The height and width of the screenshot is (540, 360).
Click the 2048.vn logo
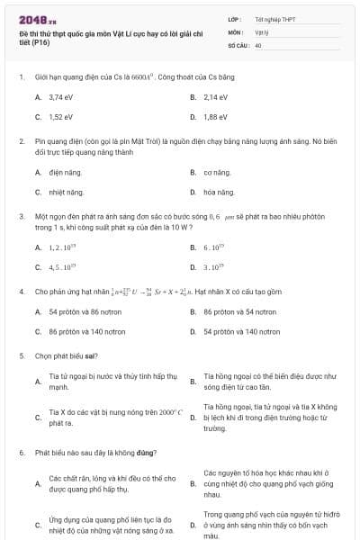coord(37,19)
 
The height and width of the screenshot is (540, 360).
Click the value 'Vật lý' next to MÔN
coord(262,31)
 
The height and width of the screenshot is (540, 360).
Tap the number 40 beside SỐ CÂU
coord(258,44)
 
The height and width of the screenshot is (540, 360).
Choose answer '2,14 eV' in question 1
coord(215,96)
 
